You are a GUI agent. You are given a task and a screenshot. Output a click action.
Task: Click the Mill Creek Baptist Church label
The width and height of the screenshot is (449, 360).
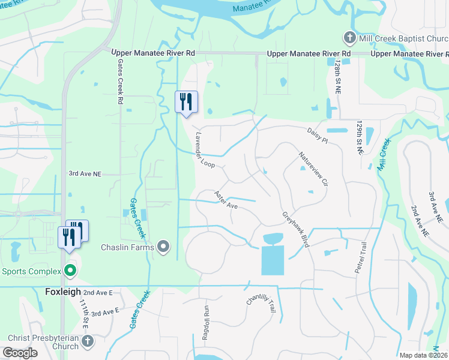[x=400, y=39]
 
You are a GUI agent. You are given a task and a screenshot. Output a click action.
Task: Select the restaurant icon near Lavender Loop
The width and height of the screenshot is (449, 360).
[x=186, y=101]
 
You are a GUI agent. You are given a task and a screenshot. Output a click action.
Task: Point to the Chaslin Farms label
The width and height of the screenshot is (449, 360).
[x=128, y=247]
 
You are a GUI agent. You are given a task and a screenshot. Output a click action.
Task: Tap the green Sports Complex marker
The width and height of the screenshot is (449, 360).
[x=70, y=271]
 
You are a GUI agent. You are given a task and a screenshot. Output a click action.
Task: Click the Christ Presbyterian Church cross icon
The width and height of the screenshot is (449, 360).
[x=88, y=341]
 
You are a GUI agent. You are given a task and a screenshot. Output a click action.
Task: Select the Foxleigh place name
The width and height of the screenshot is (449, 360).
[x=63, y=292]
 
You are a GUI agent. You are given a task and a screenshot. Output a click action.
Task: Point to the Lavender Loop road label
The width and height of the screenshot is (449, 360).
[x=205, y=150]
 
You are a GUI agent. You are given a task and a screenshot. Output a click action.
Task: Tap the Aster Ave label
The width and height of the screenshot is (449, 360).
[x=227, y=200]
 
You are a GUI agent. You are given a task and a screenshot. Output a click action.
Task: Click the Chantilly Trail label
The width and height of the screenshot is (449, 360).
[x=261, y=304]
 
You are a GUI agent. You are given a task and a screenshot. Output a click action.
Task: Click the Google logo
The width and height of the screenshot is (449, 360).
[x=20, y=353]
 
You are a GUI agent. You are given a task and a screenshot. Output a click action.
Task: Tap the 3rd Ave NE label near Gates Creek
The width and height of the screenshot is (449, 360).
[x=85, y=173]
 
